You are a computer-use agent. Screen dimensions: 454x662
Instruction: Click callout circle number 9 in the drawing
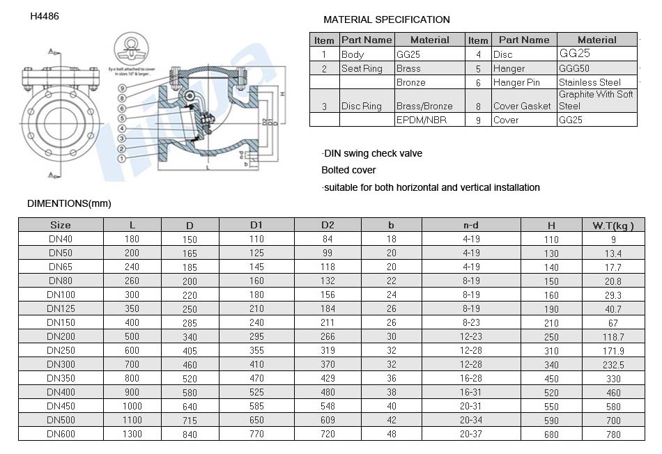(x=122, y=88)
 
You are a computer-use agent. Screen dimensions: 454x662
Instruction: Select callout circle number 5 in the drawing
(x=122, y=118)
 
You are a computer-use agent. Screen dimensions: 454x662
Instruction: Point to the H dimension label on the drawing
(x=280, y=93)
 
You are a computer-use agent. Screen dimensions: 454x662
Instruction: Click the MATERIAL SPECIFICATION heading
(x=387, y=19)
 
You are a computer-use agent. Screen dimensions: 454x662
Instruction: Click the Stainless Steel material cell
(x=590, y=82)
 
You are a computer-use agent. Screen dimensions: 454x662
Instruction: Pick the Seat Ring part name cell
(x=362, y=69)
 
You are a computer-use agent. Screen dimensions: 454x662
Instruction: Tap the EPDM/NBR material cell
(x=421, y=120)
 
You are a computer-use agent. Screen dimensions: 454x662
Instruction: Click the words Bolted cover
(x=348, y=170)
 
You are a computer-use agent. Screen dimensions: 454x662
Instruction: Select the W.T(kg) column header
(x=613, y=225)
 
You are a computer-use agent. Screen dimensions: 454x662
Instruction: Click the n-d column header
(x=471, y=225)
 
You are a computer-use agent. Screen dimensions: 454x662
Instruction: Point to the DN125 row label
(x=61, y=308)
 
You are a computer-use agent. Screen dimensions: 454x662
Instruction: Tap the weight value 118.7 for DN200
(x=613, y=336)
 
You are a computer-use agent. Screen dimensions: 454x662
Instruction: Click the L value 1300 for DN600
(x=132, y=434)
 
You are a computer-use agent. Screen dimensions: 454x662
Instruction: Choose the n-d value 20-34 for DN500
(x=471, y=420)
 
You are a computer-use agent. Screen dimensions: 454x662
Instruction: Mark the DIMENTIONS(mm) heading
(x=69, y=203)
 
